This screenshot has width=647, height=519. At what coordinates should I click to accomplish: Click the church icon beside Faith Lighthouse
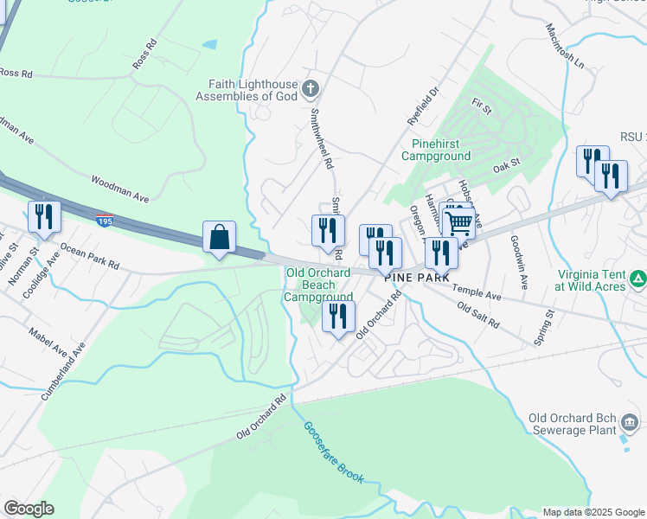click(311, 87)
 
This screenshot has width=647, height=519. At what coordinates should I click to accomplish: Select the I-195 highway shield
click(104, 221)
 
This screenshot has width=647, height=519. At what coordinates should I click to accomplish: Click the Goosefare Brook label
click(333, 453)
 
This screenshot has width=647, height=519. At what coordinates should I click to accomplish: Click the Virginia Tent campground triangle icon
click(637, 279)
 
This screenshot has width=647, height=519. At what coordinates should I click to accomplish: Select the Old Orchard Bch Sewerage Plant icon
click(631, 423)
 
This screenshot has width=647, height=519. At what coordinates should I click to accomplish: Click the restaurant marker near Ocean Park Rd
click(44, 216)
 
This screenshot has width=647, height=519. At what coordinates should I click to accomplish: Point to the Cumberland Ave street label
click(63, 371)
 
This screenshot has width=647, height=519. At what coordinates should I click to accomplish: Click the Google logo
click(29, 509)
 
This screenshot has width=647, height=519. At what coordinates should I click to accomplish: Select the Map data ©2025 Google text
click(593, 512)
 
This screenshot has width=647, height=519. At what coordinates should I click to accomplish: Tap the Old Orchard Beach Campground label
click(318, 285)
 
